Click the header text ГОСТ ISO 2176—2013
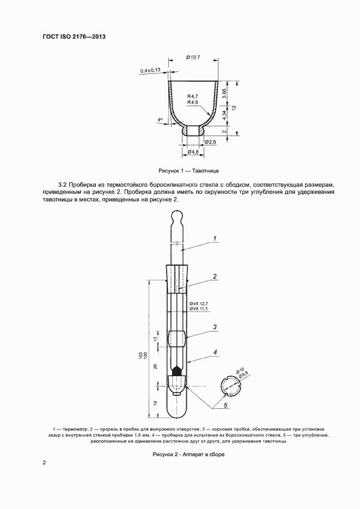point(74,36)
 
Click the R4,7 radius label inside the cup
point(192,96)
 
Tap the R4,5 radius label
point(192,102)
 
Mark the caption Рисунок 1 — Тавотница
point(181,170)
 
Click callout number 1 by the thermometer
point(215,238)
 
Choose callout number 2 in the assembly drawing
point(215,277)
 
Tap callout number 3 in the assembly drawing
point(215,327)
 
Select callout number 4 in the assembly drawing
point(215,352)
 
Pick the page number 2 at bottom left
point(44,463)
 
